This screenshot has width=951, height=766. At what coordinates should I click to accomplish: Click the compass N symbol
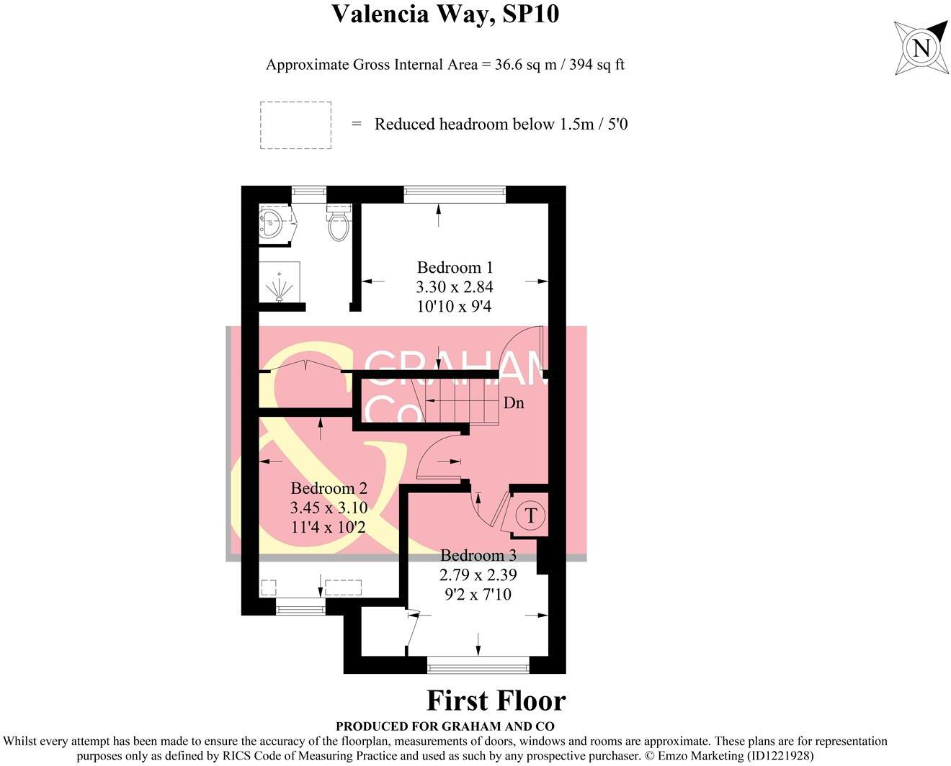921,48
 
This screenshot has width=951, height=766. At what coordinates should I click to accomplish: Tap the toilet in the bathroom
339,222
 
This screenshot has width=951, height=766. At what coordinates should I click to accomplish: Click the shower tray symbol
280,282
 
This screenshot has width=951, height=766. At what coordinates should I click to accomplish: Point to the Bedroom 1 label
455,267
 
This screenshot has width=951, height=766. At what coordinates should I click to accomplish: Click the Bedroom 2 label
329,488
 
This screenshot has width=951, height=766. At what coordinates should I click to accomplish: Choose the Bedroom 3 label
478,555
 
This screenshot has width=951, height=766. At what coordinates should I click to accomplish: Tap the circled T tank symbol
531,515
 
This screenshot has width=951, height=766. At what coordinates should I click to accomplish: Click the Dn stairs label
514,403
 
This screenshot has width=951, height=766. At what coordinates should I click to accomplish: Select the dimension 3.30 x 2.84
455,287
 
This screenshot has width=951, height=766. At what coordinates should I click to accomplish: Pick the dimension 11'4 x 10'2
329,527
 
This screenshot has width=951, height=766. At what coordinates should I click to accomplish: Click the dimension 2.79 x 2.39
478,574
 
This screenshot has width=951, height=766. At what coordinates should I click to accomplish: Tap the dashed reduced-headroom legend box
295,125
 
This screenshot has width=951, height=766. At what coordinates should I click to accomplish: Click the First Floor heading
496,700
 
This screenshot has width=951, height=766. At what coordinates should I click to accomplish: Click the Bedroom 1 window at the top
455,195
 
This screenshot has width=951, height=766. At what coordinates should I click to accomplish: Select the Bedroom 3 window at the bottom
478,664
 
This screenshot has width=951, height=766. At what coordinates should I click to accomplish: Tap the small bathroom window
309,195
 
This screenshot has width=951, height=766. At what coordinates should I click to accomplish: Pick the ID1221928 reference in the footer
778,756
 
